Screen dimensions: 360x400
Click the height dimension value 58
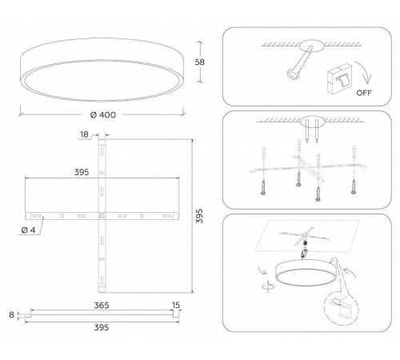[203, 62]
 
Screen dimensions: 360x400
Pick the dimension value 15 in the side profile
[175, 306]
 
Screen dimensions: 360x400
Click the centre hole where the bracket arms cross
[102, 217]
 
